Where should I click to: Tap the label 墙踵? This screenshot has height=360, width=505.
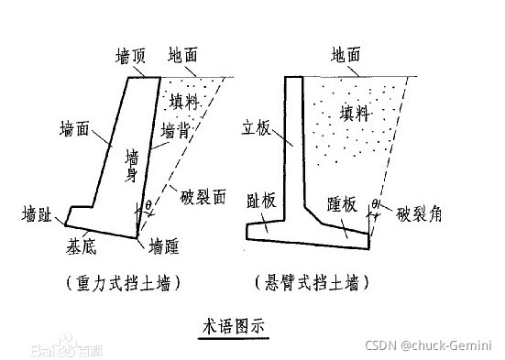coord(165,245)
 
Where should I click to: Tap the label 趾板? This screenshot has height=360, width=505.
coord(264,202)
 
